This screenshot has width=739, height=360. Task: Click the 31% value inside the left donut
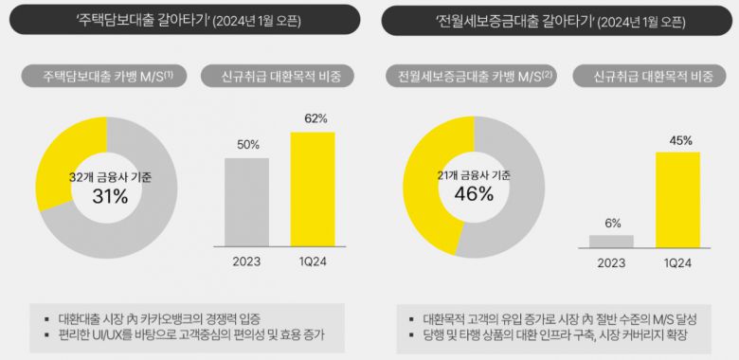(110, 196)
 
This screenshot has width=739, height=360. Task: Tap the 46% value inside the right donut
(474, 194)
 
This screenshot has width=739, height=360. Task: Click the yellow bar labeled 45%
(677, 194)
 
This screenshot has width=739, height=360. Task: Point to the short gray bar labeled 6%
(612, 241)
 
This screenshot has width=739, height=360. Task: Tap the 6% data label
(612, 224)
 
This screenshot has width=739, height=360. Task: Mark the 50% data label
(248, 145)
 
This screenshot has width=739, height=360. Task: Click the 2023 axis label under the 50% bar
(248, 261)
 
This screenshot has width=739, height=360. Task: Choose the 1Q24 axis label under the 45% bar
(677, 261)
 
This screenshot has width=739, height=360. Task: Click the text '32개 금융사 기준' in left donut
(110, 176)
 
